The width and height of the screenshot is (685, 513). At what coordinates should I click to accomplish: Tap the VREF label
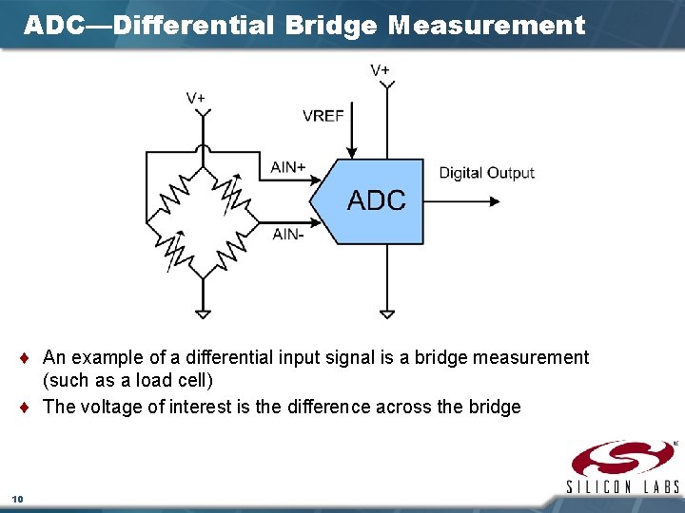(323, 116)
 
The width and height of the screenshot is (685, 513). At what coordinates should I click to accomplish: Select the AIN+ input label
(288, 167)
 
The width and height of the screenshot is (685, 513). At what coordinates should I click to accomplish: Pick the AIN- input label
(287, 234)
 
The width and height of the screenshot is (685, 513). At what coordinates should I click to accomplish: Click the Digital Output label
(486, 173)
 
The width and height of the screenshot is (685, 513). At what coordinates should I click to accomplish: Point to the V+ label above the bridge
(196, 98)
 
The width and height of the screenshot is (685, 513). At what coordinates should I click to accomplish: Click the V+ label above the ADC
(380, 69)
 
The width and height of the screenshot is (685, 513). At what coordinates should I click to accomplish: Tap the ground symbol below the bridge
(202, 312)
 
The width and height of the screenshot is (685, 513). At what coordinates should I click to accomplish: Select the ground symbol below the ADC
(386, 312)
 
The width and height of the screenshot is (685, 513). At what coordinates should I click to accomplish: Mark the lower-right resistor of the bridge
(230, 250)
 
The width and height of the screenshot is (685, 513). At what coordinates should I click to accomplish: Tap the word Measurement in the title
(487, 26)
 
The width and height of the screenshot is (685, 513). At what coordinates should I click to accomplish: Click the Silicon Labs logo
(623, 466)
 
